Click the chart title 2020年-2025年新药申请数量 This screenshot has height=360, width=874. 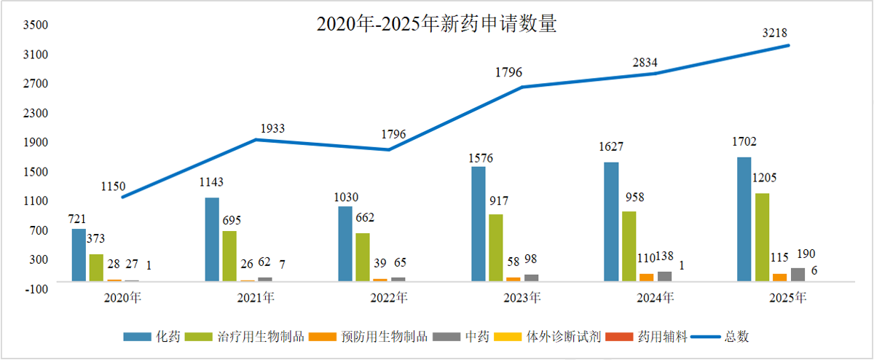436,24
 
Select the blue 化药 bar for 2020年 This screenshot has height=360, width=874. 79,254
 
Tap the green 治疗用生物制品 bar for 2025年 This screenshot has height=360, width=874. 762,237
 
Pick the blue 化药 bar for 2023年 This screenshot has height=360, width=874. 478,223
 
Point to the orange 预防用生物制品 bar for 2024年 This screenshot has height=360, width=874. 646,277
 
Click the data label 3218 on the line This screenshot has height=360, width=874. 774,32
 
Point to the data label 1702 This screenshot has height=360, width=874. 744,142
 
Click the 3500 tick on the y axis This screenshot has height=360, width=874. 36,26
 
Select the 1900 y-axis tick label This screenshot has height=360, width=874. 36,142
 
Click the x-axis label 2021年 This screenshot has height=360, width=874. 256,298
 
